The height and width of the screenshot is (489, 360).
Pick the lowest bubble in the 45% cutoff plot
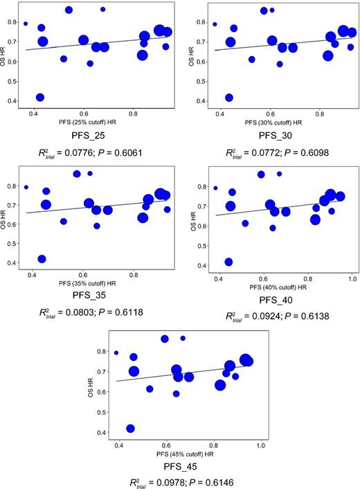point(130,429)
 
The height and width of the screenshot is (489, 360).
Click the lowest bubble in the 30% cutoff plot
point(229,98)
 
